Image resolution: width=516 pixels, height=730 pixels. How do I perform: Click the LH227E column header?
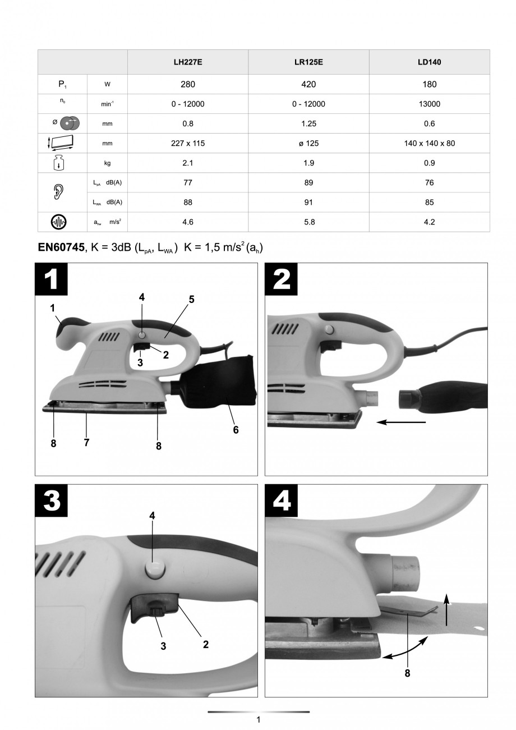tap(188, 62)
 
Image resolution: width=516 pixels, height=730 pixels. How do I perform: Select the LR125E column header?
tap(308, 62)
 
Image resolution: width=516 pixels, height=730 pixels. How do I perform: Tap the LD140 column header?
tap(429, 62)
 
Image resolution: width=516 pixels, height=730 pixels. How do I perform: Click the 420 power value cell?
tap(308, 84)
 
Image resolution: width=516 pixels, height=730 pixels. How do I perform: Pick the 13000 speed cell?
tap(429, 104)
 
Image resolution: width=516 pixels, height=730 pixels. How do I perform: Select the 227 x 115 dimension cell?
tap(188, 143)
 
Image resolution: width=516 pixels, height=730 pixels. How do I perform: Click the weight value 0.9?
tap(429, 163)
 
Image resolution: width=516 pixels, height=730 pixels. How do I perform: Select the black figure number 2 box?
tap(282, 279)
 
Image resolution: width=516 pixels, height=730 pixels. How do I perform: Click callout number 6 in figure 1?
tap(236, 430)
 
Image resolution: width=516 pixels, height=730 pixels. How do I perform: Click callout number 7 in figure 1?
tap(87, 442)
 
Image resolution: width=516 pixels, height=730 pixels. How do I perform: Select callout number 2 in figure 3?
tap(206, 644)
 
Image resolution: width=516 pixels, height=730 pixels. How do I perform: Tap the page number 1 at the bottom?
tap(258, 719)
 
